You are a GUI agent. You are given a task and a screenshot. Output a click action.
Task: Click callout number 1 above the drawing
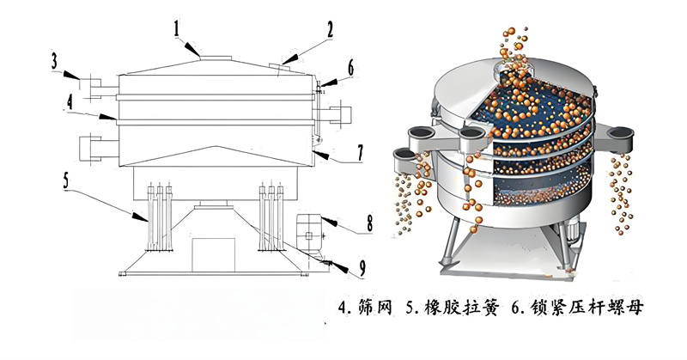175,30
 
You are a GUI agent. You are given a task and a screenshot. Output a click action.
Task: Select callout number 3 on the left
54,61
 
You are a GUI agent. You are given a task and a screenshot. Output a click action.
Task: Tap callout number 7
360,152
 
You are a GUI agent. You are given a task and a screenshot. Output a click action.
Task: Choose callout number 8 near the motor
368,222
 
